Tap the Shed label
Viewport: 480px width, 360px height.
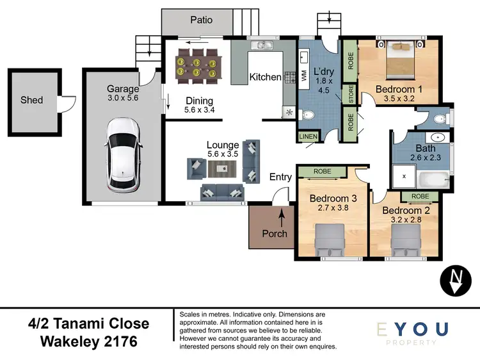point(31,100)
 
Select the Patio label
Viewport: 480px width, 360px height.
point(201,20)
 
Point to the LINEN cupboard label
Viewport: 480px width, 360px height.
point(307,136)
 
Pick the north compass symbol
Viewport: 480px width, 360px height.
point(454,281)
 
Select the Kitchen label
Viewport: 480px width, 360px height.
point(265,77)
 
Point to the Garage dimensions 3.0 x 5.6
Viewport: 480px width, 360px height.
point(122,99)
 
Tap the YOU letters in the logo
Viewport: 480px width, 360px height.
point(422,330)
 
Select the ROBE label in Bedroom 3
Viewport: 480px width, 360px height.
point(322,171)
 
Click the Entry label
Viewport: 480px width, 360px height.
point(280,177)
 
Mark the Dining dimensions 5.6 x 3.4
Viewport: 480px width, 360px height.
point(199,110)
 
